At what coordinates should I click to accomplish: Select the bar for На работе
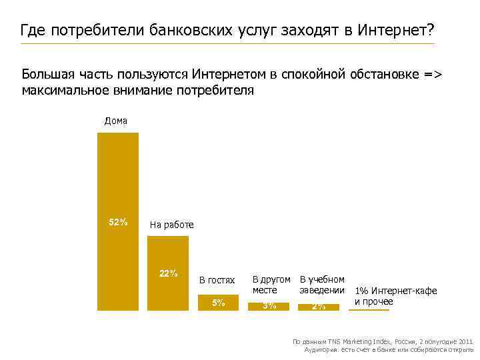[x=168, y=273]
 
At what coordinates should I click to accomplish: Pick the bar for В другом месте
[x=269, y=306]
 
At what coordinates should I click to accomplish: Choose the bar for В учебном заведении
[x=319, y=307]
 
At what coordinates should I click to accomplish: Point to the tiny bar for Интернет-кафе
[x=367, y=309]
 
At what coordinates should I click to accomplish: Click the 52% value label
[x=118, y=222]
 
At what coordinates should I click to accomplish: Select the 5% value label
[x=218, y=303]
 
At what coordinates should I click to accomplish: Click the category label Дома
[x=116, y=121]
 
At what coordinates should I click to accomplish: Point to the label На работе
[x=171, y=225]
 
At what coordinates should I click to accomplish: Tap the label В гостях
[x=217, y=281]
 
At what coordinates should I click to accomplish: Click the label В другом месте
[x=271, y=285]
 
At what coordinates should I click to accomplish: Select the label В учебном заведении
[x=322, y=285]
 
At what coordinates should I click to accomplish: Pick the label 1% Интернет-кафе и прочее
[x=395, y=296]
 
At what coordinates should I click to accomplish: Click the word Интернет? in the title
[x=395, y=30]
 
